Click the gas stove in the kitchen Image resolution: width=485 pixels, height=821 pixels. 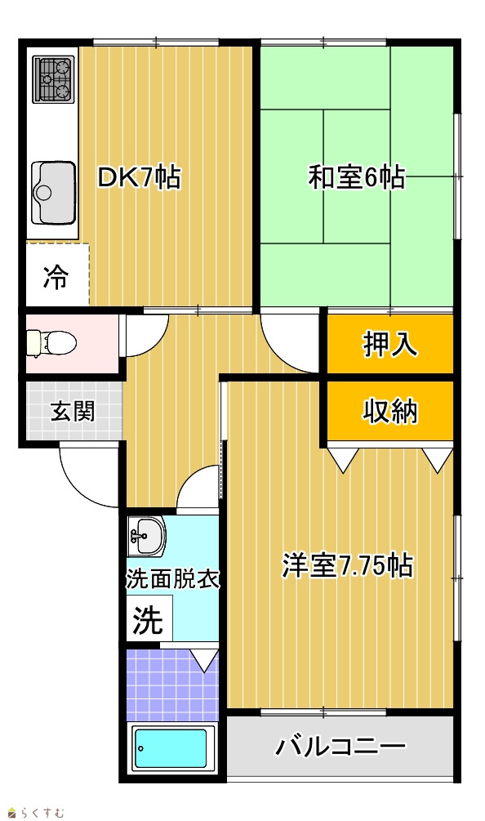pos(52,78)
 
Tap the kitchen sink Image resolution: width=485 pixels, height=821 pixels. pos(53,193)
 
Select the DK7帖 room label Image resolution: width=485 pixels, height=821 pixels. pos(140,178)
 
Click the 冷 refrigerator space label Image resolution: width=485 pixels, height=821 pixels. pos(56,276)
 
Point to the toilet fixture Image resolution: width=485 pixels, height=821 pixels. pos(51,343)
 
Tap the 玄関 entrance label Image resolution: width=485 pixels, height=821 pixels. pos(73,412)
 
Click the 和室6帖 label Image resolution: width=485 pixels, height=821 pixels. pos(356,177)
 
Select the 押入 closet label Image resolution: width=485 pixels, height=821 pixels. pos(390,344)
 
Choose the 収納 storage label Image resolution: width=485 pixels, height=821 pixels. pos(390,411)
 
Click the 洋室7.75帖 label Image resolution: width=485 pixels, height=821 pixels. pos(347,565)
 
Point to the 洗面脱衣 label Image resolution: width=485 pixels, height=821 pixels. pos(172,579)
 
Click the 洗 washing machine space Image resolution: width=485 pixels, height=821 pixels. pos(148,621)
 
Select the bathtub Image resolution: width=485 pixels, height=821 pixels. pos(172,747)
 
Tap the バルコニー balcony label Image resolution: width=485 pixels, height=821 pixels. pos(340,746)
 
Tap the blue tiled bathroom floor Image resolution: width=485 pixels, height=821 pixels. pos(172,685)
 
